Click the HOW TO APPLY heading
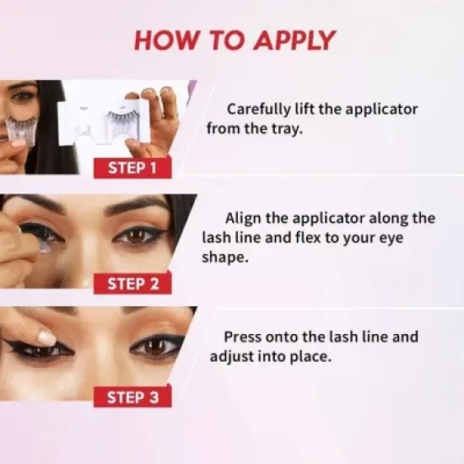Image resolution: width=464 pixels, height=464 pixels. [x=235, y=40]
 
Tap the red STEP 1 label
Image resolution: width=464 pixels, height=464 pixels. [x=133, y=167]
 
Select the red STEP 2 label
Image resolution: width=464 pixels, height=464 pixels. [x=133, y=283]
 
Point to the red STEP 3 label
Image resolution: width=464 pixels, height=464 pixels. [x=133, y=397]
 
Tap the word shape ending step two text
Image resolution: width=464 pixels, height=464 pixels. [x=226, y=257]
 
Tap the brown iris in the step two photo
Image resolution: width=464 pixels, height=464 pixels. [x=133, y=236]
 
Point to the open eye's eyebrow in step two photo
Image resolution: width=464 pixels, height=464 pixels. [x=139, y=205]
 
